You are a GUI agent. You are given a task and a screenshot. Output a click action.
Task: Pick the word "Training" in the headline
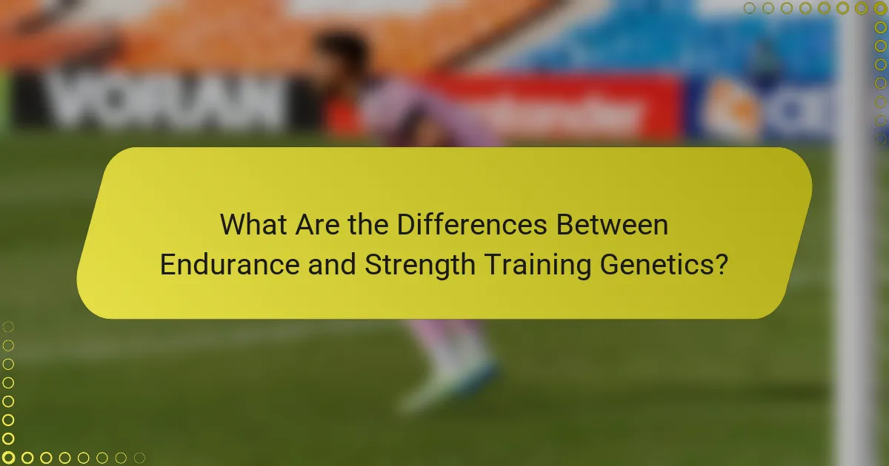pos(532,264)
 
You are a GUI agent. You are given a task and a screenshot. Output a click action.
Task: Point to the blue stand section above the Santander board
pos(667,37)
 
